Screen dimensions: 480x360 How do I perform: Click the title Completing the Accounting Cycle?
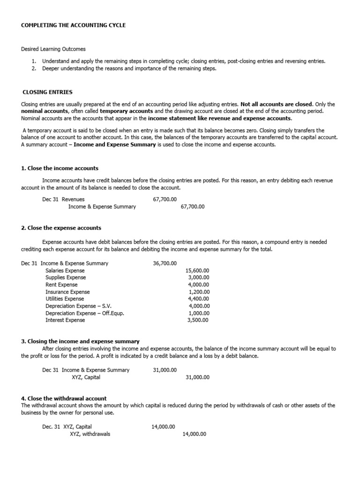[x=74, y=25]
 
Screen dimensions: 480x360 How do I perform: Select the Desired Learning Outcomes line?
[x=53, y=49]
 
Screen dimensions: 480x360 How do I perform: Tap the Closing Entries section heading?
[x=48, y=92]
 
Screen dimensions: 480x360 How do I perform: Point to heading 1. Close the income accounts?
[x=60, y=168]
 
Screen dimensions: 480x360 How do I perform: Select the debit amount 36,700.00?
[x=165, y=263]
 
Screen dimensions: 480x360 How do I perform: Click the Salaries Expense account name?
[x=65, y=270]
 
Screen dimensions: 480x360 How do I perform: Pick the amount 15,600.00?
[x=197, y=270]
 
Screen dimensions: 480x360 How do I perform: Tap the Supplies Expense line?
[x=66, y=277]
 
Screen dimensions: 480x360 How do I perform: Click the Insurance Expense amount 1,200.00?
[x=199, y=292]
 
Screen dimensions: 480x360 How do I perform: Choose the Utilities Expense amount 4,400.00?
[x=199, y=299]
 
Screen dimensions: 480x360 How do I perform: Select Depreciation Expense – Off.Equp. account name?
[x=85, y=313]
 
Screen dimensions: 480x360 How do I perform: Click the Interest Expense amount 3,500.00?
[x=198, y=320]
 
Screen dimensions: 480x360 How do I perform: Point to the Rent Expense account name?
[x=61, y=285]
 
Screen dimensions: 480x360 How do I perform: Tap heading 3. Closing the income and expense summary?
[x=80, y=341]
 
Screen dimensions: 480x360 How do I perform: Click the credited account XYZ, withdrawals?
[x=90, y=434]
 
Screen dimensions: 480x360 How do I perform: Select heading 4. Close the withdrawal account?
[x=64, y=398]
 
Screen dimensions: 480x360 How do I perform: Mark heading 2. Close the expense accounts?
[x=61, y=228]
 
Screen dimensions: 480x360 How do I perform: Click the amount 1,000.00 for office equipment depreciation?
[x=199, y=313]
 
